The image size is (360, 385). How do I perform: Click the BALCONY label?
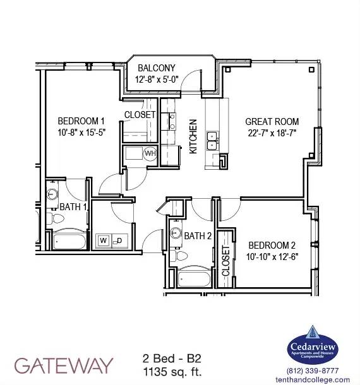click(x=157, y=68)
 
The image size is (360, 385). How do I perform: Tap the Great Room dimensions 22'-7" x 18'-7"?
click(x=272, y=133)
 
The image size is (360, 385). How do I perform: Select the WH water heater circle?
click(x=150, y=153)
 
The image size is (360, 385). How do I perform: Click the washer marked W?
click(x=104, y=240)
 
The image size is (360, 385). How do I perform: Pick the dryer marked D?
click(x=119, y=240)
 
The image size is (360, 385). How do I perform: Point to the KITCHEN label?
click(x=193, y=136)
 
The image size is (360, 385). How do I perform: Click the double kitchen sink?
click(x=212, y=141)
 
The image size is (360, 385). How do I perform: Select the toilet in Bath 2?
click(x=179, y=256)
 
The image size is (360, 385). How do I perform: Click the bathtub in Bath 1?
click(x=69, y=241)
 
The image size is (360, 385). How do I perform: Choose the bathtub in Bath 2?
click(x=194, y=278)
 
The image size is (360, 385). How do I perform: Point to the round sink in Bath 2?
click(x=176, y=232)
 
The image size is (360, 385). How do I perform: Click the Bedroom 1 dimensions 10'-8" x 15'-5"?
click(x=81, y=133)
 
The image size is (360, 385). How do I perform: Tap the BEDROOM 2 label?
click(x=272, y=246)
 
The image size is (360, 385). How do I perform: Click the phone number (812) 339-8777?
click(x=313, y=370)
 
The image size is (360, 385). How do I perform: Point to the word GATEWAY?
click(x=64, y=365)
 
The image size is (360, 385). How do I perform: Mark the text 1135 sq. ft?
click(x=172, y=372)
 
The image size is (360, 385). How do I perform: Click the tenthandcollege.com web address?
click(x=313, y=380)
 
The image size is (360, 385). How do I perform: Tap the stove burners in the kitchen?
click(x=172, y=122)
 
